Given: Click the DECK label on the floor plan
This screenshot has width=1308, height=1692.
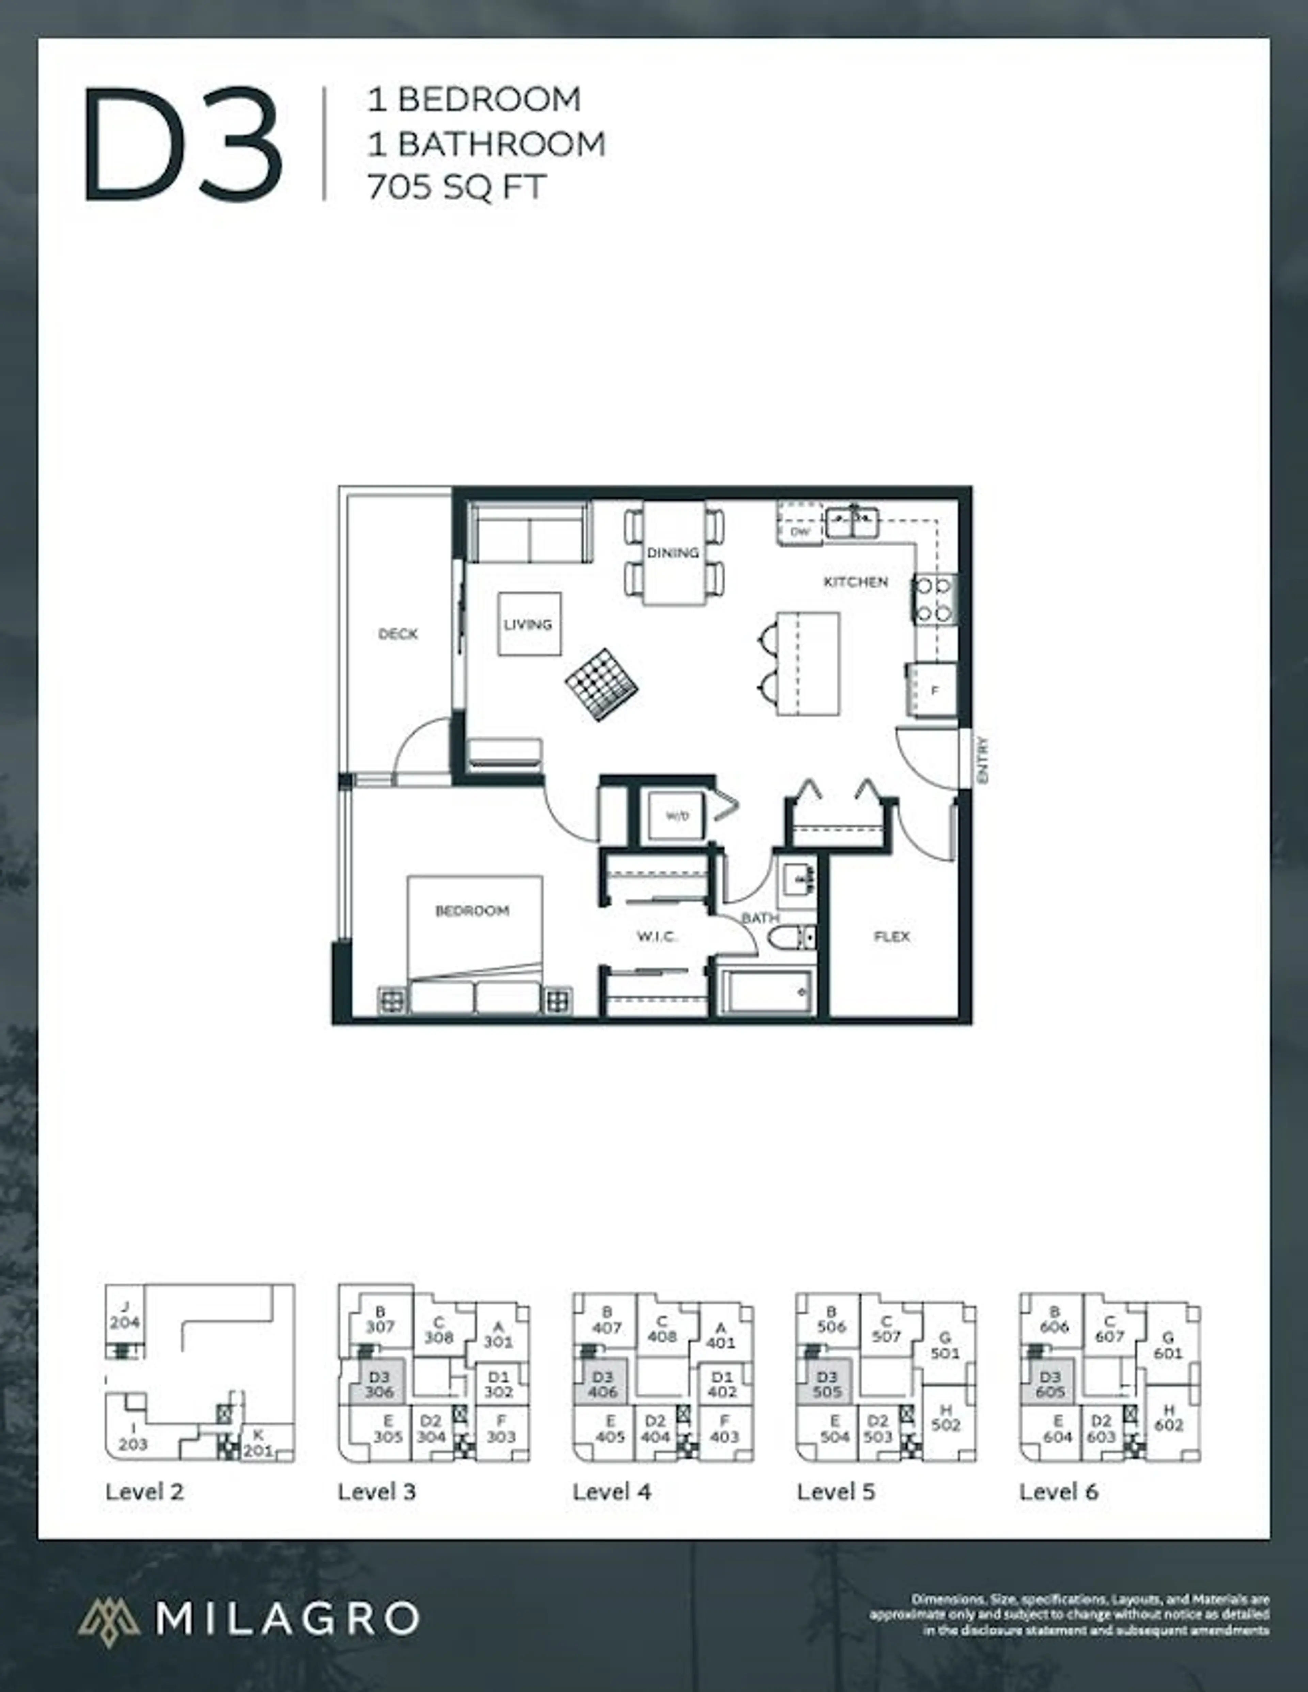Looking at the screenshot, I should (x=398, y=634).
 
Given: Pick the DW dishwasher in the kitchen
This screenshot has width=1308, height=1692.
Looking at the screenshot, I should (x=800, y=531).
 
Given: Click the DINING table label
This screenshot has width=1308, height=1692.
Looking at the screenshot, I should (x=673, y=552).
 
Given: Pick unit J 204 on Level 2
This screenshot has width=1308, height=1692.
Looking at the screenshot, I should (x=124, y=1315).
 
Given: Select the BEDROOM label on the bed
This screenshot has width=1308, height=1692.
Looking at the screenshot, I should (x=472, y=910).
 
